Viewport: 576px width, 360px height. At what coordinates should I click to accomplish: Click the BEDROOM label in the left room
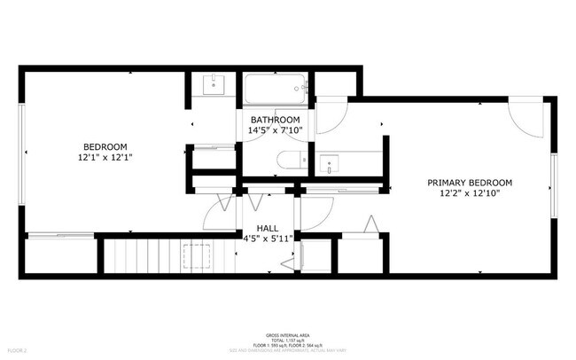pos(105,146)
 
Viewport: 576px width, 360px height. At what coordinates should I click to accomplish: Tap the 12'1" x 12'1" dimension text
pos(105,157)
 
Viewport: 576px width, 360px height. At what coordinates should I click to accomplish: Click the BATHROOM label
pos(275,120)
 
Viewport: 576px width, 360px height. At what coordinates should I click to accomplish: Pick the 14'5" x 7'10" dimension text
pos(275,130)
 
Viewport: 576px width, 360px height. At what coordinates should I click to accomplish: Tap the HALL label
pos(269,228)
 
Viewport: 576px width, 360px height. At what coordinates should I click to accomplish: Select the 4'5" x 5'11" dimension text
pos(269,239)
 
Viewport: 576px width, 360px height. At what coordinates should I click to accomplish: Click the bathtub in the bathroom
pos(276,89)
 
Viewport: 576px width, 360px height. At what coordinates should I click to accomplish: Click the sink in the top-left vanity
pos(214,85)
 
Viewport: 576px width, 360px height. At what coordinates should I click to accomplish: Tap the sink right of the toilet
pos(330,164)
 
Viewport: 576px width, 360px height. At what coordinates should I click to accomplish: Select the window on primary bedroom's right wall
pos(554,184)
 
